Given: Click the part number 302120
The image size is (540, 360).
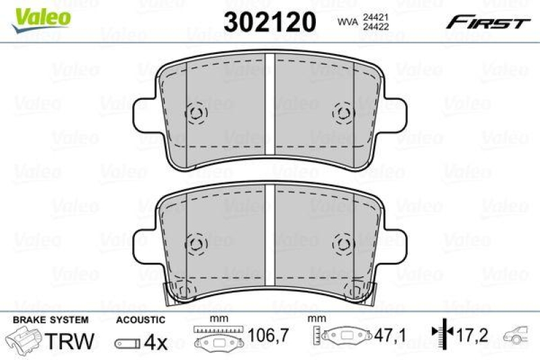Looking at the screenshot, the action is pyautogui.click(x=269, y=22).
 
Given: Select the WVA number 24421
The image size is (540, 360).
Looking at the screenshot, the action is pyautogui.click(x=376, y=17).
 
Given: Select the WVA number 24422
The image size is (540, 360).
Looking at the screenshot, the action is pyautogui.click(x=376, y=26).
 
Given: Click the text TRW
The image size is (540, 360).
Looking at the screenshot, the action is pyautogui.click(x=70, y=340).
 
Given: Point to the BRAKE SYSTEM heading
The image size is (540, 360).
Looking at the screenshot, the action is pyautogui.click(x=51, y=319).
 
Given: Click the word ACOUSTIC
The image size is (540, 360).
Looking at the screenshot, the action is pyautogui.click(x=140, y=319).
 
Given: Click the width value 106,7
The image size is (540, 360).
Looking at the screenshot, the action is pyautogui.click(x=268, y=335).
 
